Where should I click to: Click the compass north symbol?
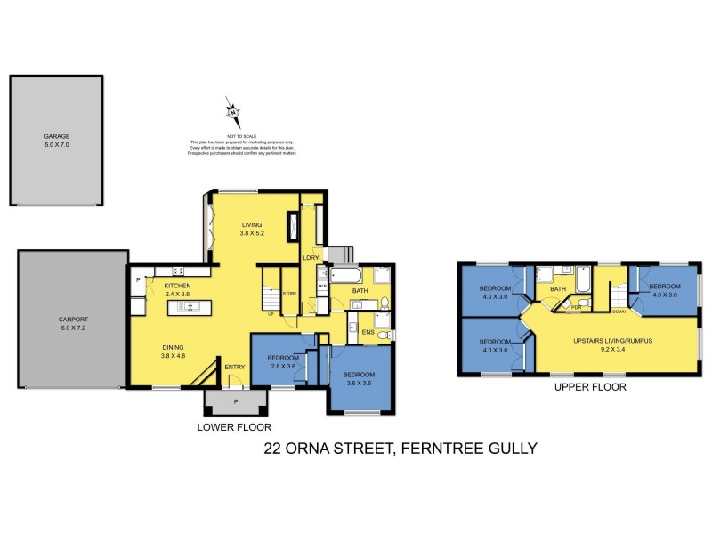(233, 112)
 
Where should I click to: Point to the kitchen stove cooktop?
(177, 271)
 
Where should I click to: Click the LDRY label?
(311, 259)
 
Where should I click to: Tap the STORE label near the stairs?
(289, 293)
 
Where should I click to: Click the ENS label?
(366, 333)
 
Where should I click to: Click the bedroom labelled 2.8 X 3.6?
(280, 363)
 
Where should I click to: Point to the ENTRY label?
(235, 367)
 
